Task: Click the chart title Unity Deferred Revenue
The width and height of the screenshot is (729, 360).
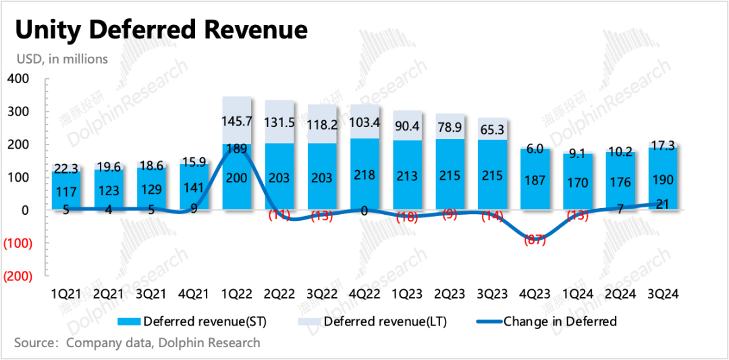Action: pyautogui.click(x=161, y=30)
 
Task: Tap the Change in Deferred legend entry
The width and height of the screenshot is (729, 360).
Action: pyautogui.click(x=560, y=322)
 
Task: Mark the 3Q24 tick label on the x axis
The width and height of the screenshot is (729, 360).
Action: pyautogui.click(x=662, y=294)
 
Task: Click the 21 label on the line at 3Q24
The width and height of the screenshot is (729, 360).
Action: pyautogui.click(x=662, y=205)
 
